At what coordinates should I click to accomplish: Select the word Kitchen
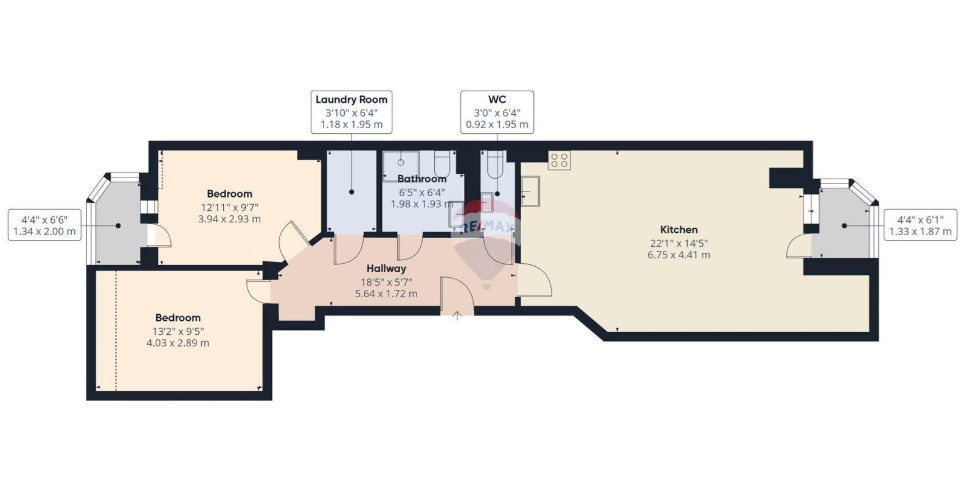click(679, 230)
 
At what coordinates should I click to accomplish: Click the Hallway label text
click(386, 269)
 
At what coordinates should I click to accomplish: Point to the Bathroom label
click(422, 179)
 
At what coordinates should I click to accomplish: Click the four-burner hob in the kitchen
click(559, 160)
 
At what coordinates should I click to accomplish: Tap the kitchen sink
click(530, 191)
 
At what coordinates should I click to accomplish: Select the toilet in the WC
click(495, 165)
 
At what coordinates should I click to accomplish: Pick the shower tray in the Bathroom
click(401, 166)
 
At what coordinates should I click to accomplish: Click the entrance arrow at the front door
click(457, 315)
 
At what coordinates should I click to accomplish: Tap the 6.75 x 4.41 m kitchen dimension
click(679, 255)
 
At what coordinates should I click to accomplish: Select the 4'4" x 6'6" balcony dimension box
click(44, 225)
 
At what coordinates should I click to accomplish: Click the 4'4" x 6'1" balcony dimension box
click(921, 225)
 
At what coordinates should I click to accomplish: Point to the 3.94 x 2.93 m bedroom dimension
click(229, 219)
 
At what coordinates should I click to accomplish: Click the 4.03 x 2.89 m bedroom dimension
click(178, 343)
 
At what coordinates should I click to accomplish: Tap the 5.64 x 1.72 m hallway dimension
click(386, 294)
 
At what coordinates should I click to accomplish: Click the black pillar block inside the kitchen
click(786, 178)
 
